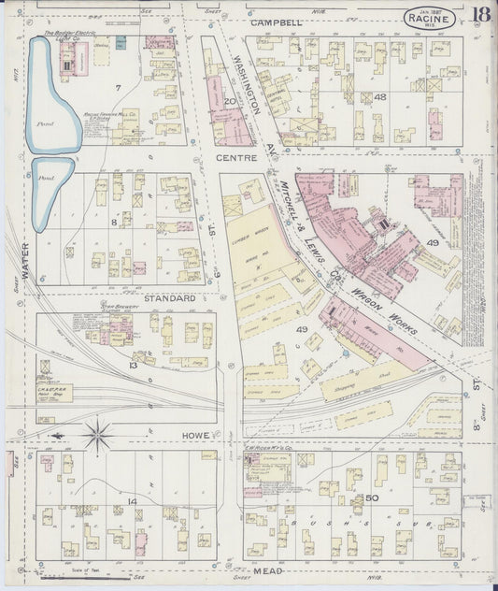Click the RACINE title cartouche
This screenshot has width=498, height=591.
click(432, 19)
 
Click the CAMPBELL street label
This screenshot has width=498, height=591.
click(276, 22)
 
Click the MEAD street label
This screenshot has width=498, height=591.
click(266, 570)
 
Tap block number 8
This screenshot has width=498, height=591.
click(114, 222)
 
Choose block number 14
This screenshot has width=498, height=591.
click(133, 502)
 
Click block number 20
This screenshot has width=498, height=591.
click(227, 101)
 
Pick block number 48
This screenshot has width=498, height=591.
click(379, 96)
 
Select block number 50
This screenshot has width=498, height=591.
click(372, 497)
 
